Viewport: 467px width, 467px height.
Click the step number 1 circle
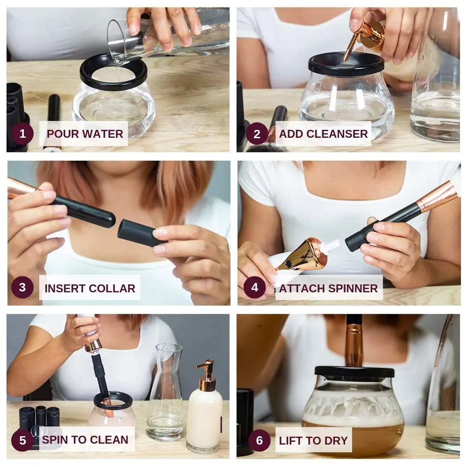(22, 134)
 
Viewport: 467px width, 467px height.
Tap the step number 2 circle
(257, 134)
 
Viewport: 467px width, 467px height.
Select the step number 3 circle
(22, 287)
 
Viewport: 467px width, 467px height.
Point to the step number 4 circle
(255, 287)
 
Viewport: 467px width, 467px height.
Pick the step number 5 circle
(22, 440)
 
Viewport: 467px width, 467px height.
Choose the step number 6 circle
(259, 440)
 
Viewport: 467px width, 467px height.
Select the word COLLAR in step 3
(112, 288)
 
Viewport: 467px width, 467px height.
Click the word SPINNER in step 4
(353, 288)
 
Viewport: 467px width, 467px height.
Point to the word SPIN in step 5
(55, 439)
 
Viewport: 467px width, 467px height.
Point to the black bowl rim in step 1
(113, 72)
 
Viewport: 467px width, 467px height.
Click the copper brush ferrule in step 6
(354, 346)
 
